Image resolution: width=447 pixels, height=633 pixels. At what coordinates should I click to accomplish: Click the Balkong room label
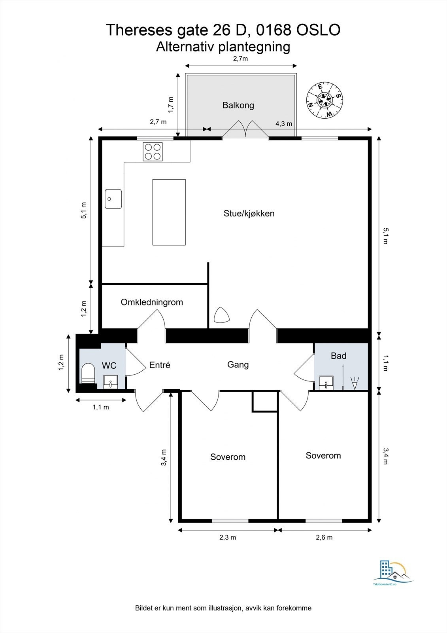tap(238, 105)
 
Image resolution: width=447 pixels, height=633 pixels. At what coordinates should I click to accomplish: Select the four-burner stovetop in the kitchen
tap(153, 152)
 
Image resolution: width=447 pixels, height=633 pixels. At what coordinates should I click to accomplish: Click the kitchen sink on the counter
tap(113, 199)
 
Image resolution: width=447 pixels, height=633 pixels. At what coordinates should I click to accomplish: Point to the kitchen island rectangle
tap(169, 212)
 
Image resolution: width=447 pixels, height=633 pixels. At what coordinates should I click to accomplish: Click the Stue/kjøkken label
tap(249, 213)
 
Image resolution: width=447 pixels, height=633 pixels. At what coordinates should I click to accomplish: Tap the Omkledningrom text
tap(152, 302)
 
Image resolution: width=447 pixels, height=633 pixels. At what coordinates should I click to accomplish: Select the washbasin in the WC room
tap(110, 381)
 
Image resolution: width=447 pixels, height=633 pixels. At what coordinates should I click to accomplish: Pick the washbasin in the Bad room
tap(326, 383)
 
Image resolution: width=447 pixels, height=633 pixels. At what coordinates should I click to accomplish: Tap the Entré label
tap(160, 365)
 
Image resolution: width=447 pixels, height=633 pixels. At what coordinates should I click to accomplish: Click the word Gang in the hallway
tap(238, 364)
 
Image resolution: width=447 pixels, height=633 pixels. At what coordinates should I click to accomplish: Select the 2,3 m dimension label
tap(228, 537)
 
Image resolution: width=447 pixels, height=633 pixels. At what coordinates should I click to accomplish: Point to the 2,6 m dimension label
tap(324, 537)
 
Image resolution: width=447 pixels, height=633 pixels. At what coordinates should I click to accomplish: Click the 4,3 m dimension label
tap(284, 123)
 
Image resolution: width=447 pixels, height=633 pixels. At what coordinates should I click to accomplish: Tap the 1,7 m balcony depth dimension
tap(171, 105)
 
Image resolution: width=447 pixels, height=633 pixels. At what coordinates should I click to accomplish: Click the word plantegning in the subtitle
tap(254, 47)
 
